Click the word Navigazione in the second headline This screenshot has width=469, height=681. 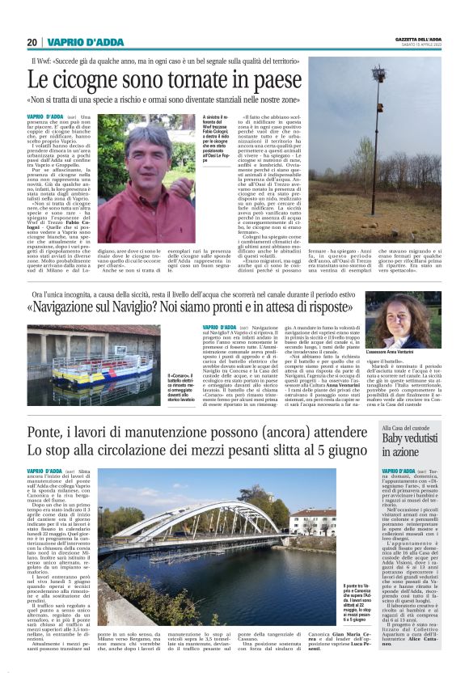100,308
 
